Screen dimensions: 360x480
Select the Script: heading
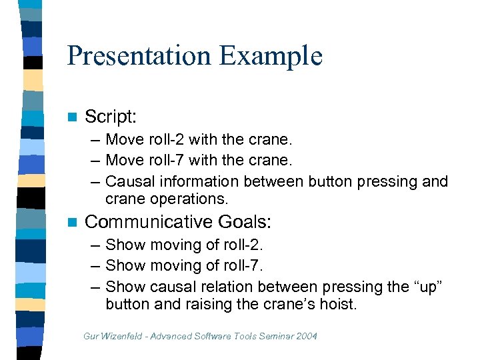click(111, 117)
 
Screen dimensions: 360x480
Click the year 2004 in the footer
click(305, 336)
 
